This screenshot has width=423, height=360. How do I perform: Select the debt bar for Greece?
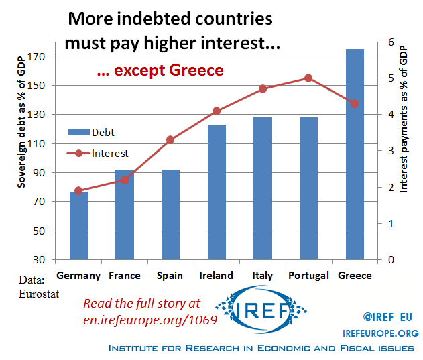[355, 154]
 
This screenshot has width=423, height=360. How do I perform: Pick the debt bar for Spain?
[170, 215]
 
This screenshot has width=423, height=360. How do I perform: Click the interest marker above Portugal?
[308, 78]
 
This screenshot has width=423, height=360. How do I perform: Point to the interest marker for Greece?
[355, 103]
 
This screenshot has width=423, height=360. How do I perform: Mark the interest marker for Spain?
[170, 139]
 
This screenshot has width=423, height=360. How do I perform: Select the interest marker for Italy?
[263, 89]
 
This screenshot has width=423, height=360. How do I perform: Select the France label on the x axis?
[125, 276]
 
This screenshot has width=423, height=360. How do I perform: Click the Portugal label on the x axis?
[308, 276]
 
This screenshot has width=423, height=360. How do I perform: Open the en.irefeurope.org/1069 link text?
[150, 320]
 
